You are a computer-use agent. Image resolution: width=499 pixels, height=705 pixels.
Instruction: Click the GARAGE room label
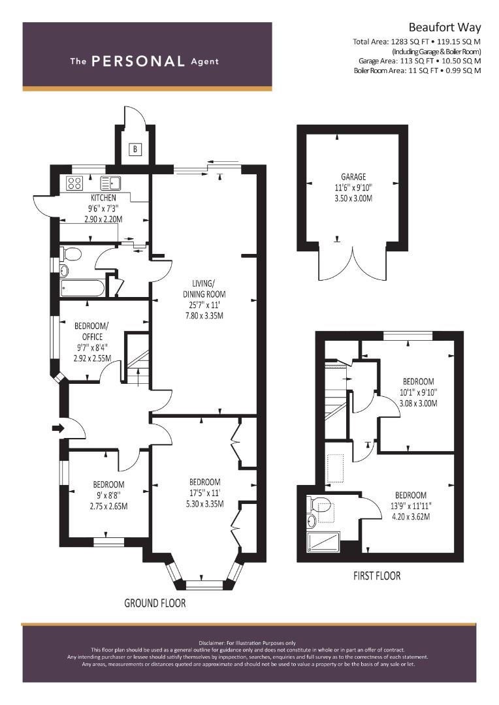click(x=353, y=177)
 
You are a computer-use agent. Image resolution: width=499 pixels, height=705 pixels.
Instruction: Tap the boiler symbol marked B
click(x=135, y=149)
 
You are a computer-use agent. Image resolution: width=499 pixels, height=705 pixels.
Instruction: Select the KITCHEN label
click(x=103, y=198)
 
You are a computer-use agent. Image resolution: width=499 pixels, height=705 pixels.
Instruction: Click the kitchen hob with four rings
click(x=74, y=183)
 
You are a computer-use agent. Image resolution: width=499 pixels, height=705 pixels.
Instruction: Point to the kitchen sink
click(x=110, y=183)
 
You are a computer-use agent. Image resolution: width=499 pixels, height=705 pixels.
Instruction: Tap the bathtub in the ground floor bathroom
click(x=83, y=288)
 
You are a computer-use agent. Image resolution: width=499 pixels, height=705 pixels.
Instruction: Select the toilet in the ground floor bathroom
click(x=71, y=254)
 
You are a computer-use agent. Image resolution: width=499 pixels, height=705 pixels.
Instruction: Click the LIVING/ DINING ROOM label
click(x=204, y=289)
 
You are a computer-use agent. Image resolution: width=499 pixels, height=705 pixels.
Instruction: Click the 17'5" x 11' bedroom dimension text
click(x=204, y=493)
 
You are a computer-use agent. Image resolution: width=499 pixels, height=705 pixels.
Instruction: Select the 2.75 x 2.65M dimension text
click(x=108, y=507)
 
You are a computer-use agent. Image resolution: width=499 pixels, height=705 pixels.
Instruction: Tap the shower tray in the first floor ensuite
click(x=324, y=541)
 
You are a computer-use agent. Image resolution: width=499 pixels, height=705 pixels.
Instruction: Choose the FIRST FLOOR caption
click(x=377, y=576)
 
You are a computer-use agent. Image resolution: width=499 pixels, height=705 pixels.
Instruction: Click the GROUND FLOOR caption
click(x=155, y=603)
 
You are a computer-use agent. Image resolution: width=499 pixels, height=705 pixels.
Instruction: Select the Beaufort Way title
click(x=445, y=27)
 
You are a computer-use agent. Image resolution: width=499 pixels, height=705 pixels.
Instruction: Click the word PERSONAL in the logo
click(x=138, y=61)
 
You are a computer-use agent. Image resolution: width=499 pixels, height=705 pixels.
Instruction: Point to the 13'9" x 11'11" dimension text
click(x=411, y=506)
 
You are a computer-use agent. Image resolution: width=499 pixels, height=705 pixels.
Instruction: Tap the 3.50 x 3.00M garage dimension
click(x=353, y=198)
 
